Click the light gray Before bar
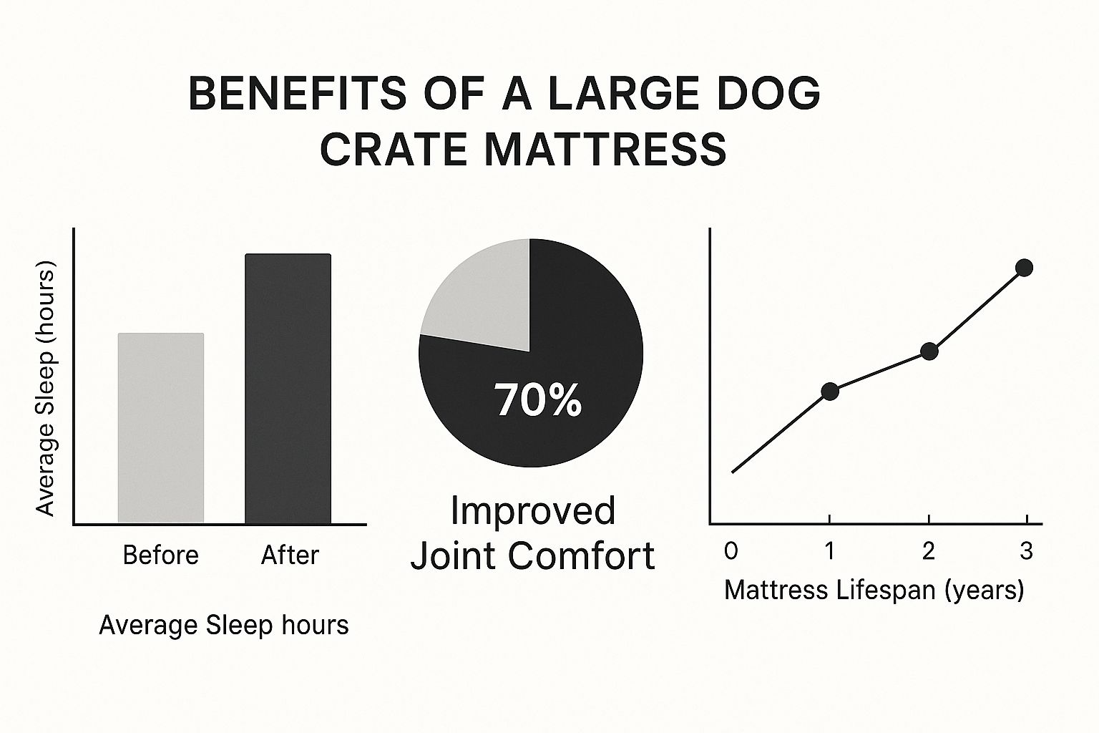coord(161,428)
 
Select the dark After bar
coord(288,389)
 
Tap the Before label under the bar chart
coord(161,555)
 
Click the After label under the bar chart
coord(290,555)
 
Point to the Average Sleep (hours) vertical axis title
coord(45,388)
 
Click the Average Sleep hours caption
coord(224,626)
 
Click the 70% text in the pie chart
coord(538,401)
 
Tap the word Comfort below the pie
coord(581,555)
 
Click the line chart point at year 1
coord(830,392)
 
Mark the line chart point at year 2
coord(929,351)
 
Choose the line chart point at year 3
coord(1024,268)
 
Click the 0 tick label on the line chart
coord(731,551)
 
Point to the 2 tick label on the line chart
coord(928,551)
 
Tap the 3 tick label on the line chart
coord(1027,551)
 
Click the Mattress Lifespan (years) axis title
coord(874,591)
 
